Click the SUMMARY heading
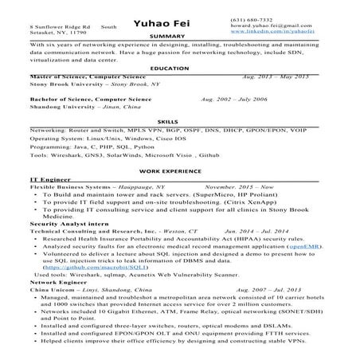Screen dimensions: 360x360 [179, 37]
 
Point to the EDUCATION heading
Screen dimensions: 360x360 [179, 68]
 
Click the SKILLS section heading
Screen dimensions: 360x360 [179, 119]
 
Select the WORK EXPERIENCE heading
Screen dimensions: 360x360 [179, 171]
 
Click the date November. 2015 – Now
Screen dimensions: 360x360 [229, 187]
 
